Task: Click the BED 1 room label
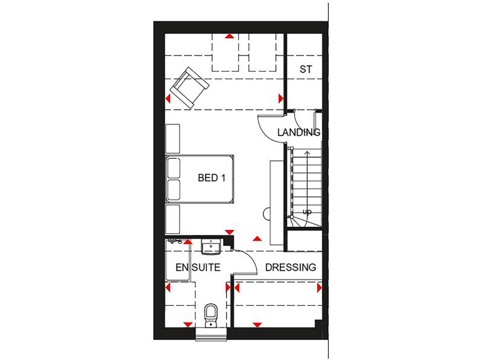pyautogui.click(x=211, y=178)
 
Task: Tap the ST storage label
pyautogui.click(x=305, y=69)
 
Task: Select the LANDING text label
pyautogui.click(x=299, y=132)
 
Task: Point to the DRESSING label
pyautogui.click(x=290, y=267)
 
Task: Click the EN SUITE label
pyautogui.click(x=197, y=267)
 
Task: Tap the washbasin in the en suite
pyautogui.click(x=211, y=248)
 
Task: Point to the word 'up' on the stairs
pyautogui.click(x=307, y=212)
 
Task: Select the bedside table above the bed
pyautogui.click(x=172, y=137)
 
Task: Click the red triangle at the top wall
pyautogui.click(x=230, y=37)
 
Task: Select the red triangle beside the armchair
pyautogui.click(x=169, y=99)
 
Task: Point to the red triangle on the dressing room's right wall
pyautogui.click(x=319, y=288)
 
